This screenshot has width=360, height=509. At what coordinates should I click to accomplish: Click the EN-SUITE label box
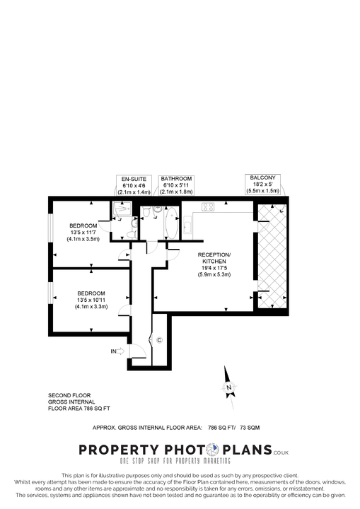134,185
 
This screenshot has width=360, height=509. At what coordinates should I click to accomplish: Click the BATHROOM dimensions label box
176,185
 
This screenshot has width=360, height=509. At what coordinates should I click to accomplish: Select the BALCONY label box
264,185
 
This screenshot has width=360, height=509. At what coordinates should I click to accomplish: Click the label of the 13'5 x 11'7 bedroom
83,232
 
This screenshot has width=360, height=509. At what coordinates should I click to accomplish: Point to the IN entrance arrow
117,351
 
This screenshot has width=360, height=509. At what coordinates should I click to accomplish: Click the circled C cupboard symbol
160,341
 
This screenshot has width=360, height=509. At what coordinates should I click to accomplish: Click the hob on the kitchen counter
209,207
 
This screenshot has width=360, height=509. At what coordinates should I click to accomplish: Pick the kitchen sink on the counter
187,227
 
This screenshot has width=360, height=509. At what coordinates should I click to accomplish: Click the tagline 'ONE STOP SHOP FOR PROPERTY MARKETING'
179,462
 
